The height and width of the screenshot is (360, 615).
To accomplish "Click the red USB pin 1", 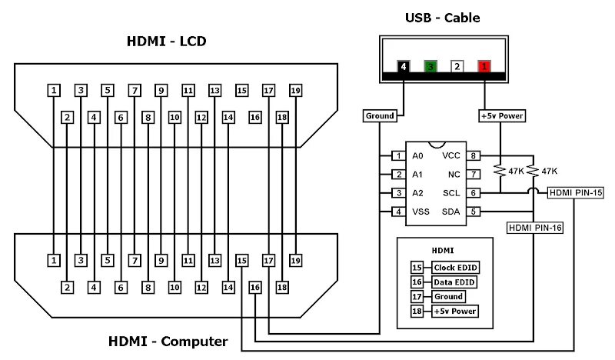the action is coord(484,66).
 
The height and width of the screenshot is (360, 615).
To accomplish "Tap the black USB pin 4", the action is coord(403,66).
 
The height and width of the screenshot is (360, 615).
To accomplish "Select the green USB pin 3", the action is coord(430,66).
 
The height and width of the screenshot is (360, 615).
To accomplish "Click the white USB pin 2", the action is coord(457,66).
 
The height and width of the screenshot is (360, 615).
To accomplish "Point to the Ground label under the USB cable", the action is coord(380,116).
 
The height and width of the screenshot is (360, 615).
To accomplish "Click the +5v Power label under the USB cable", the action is coord(502,116).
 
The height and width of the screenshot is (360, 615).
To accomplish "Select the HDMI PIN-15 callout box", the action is coord(575,193).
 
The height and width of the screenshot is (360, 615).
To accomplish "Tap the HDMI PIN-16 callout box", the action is coord(535,228).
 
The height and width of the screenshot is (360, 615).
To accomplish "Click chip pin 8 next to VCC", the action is coord(473,156).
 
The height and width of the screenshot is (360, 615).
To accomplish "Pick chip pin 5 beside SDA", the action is coord(473,212).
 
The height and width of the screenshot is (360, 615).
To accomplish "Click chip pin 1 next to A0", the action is coord(398,156).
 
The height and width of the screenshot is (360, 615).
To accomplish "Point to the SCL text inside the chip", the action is coord(451,193).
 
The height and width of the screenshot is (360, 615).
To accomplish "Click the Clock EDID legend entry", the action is coord(455,268).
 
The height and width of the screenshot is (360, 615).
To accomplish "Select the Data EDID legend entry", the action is coord(454,282).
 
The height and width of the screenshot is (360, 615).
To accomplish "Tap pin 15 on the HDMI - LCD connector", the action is coord(241,91).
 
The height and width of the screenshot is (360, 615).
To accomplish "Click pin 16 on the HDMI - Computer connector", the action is coord(255,288).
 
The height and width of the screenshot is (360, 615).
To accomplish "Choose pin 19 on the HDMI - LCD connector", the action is coord(295,91).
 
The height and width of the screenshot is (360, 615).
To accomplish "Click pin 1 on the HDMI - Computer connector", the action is coord(54,260).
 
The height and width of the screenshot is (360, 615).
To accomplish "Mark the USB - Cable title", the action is coord(443,18).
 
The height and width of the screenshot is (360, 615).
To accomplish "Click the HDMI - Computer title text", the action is coord(168,342).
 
